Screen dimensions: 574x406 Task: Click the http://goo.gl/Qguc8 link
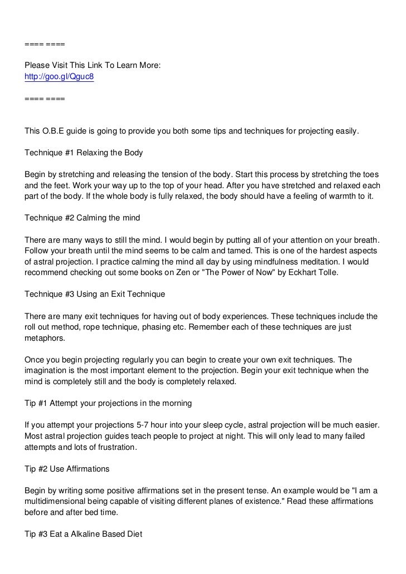59,77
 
